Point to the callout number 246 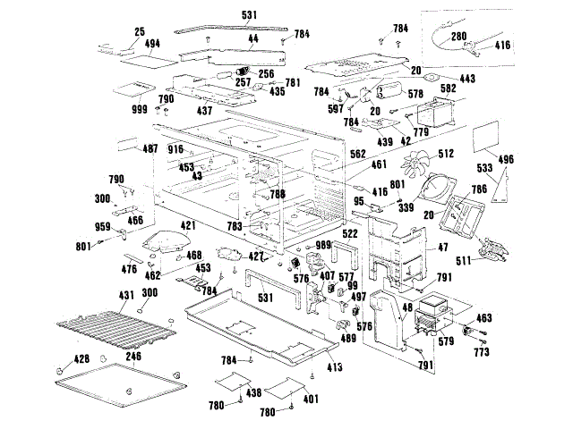point(133,356)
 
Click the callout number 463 point(483,317)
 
